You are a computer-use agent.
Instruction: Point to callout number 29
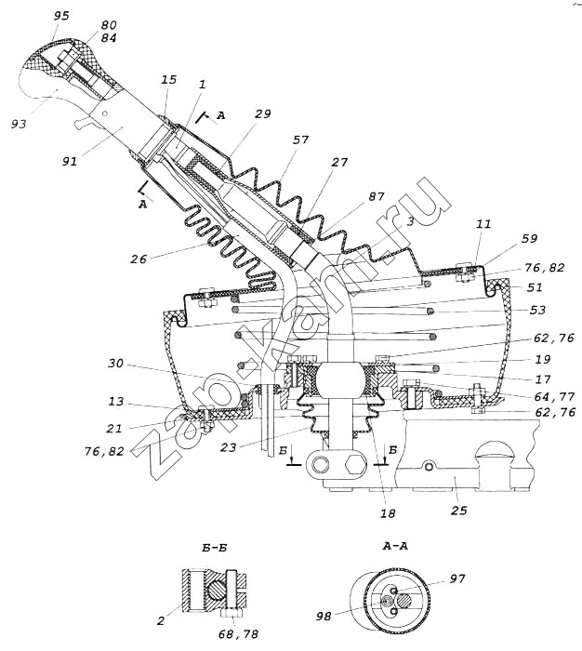pyautogui.click(x=262, y=114)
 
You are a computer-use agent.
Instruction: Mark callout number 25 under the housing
pyautogui.click(x=458, y=510)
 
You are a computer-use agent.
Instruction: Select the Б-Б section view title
pyautogui.click(x=214, y=548)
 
